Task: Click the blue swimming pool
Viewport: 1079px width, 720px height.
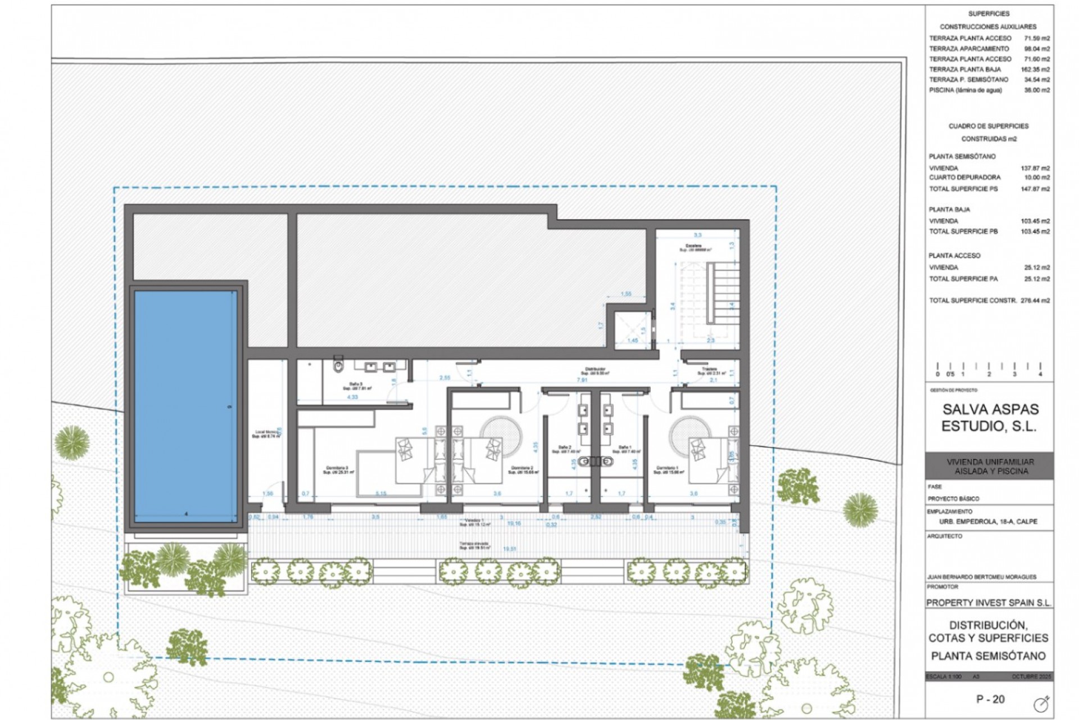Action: coord(185,406)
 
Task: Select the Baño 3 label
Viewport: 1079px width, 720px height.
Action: coord(357,386)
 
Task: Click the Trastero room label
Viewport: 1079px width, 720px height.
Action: coord(709,371)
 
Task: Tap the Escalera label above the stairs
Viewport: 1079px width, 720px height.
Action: coord(693,247)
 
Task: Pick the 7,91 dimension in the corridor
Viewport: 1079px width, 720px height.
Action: coord(582,381)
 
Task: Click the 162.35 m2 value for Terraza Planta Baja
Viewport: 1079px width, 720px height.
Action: coord(1035,70)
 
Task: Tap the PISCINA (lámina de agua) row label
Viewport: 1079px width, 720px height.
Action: coord(965,90)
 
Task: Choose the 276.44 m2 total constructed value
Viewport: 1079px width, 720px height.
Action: coord(1035,301)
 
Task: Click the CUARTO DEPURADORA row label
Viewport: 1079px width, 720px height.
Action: coord(964,178)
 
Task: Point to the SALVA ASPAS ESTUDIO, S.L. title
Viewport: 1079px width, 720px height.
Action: coord(990,417)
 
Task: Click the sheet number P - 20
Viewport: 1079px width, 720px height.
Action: coord(990,700)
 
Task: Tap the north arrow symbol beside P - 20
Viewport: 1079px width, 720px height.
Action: coord(1041,704)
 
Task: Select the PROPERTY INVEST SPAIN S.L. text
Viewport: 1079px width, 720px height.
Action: coord(989,603)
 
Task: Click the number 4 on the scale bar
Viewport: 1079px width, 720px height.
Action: coord(1040,374)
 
